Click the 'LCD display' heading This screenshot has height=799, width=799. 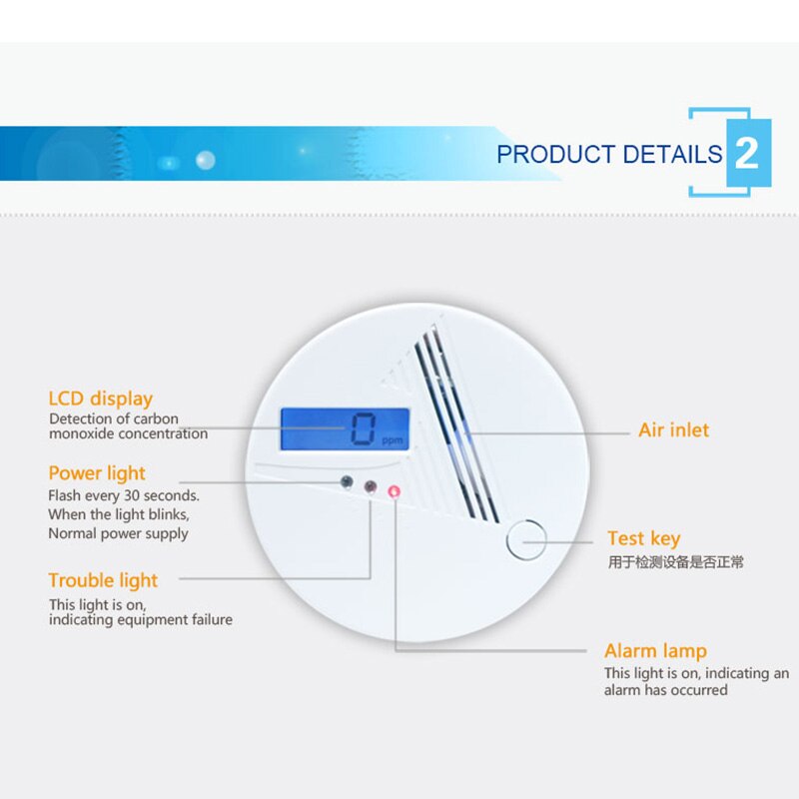pos(101,399)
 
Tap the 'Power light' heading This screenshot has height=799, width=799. pos(97,473)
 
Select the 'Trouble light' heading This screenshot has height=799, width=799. pos(103,581)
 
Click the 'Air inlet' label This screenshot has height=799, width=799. pos(673,430)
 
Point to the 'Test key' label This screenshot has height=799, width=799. pos(644,538)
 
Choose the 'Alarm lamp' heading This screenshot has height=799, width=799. pos(656,651)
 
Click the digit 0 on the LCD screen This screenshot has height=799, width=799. pos(364,429)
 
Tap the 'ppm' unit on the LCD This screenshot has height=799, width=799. pos(393,440)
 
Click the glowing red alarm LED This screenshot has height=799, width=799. pos(394,491)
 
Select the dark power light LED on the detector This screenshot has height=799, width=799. pos(347,481)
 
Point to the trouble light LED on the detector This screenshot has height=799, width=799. pos(371,486)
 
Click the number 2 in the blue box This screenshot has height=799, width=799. pos(746,153)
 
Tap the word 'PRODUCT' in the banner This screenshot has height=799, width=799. pos(556,154)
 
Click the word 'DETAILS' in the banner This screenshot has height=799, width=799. pos(672,154)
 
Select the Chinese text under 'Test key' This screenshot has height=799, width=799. pos(676,562)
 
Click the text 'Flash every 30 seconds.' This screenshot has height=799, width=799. pos(124,495)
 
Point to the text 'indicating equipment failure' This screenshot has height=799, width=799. pos(141,619)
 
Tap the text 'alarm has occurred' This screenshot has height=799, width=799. pos(665,690)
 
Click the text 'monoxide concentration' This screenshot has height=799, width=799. pos(129,433)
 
